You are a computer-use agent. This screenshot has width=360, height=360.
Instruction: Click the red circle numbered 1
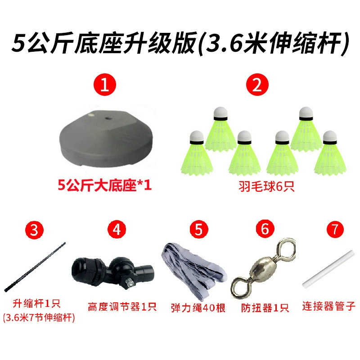(105, 85)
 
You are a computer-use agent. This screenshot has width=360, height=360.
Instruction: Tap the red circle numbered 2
(257, 85)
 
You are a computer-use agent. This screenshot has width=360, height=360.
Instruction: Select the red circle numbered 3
(34, 230)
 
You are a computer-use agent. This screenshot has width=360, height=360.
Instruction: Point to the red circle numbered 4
(117, 229)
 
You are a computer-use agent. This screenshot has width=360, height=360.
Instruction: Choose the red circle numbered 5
(199, 229)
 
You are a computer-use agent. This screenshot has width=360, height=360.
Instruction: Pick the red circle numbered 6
(265, 229)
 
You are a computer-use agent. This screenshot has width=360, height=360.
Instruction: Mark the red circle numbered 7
(335, 229)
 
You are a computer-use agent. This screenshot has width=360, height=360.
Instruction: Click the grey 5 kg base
(106, 139)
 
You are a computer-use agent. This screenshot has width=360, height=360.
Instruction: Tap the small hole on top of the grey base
(108, 118)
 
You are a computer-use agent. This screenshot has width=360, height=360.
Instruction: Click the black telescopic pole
(35, 267)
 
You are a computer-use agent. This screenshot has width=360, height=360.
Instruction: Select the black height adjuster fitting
(112, 272)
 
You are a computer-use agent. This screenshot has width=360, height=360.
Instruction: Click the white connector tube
(328, 269)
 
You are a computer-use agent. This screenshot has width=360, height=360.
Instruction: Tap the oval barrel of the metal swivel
(263, 268)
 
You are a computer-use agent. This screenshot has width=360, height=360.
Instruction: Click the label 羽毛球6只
(266, 186)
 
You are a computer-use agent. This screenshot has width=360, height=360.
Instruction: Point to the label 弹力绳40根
(198, 308)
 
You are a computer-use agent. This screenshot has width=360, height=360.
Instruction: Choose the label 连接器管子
(329, 306)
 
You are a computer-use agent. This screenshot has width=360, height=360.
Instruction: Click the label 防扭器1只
(265, 308)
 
